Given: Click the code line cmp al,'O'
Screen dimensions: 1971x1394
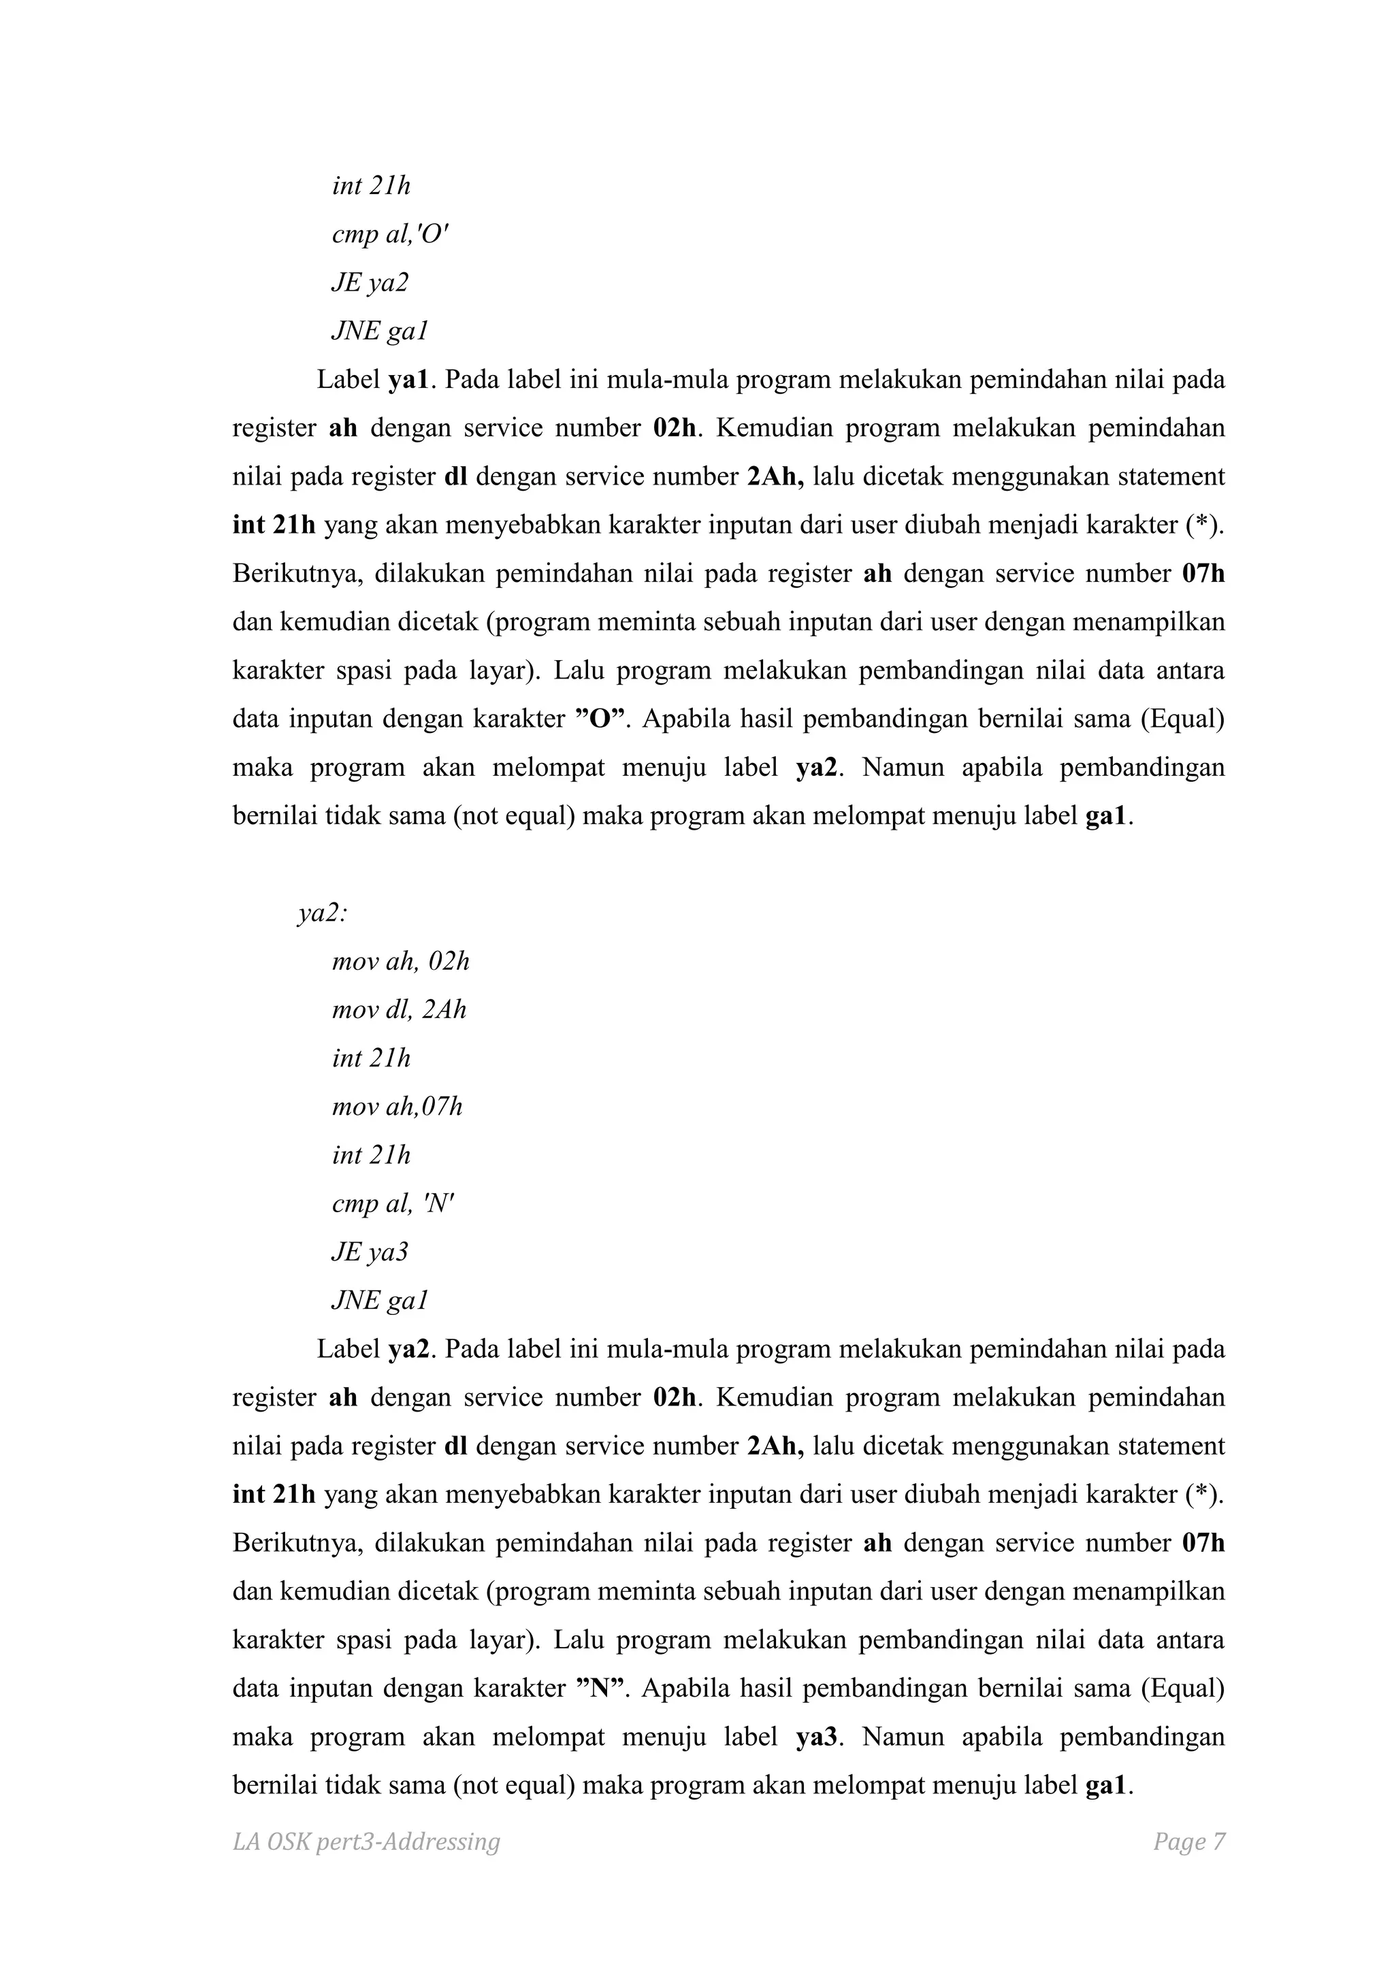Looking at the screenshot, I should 390,234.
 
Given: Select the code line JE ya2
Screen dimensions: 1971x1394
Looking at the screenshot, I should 370,282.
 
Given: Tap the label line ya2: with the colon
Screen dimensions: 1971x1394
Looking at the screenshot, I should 323,913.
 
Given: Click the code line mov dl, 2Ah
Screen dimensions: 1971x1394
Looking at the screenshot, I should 399,1009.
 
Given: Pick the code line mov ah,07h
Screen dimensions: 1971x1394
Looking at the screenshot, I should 397,1107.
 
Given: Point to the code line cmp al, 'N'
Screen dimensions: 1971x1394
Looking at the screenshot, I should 392,1203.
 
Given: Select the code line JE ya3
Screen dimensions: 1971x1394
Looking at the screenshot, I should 370,1252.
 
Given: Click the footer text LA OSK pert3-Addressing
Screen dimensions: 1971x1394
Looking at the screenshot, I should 366,1842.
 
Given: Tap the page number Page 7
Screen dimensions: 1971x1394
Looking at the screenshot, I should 1189,1842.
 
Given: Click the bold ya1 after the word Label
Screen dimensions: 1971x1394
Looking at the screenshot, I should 408,380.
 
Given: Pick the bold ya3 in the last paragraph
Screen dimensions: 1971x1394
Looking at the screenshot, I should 815,1737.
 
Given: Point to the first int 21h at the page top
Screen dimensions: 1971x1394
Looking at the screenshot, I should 371,185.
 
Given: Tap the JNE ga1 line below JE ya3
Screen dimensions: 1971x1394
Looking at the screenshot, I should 379,1301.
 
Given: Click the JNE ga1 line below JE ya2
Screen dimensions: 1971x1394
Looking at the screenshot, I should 379,331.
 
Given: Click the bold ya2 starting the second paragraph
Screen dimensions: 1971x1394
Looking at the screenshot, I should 408,1350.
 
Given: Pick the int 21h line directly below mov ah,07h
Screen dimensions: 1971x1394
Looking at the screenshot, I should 371,1156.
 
